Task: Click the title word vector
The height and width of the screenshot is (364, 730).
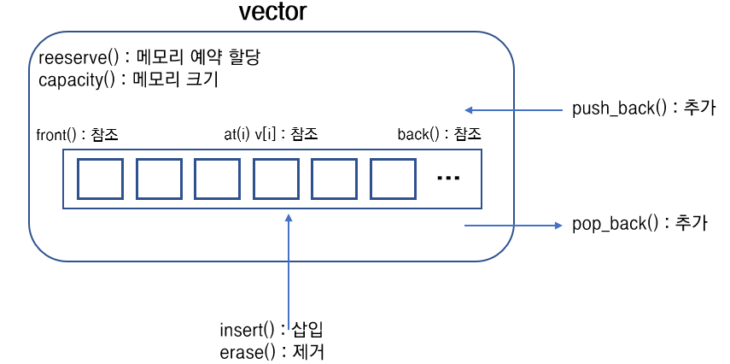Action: pyautogui.click(x=272, y=14)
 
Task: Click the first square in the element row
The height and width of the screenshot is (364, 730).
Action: pyautogui.click(x=101, y=179)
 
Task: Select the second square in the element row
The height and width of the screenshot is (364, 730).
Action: pyautogui.click(x=160, y=179)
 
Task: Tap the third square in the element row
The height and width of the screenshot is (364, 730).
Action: pyautogui.click(x=218, y=179)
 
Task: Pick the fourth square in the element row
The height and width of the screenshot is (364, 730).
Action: pyautogui.click(x=276, y=179)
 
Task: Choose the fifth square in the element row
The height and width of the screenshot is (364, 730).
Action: pyautogui.click(x=334, y=179)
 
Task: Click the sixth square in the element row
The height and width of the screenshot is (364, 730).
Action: pyautogui.click(x=392, y=179)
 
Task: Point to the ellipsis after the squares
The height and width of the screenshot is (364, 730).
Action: pyautogui.click(x=448, y=179)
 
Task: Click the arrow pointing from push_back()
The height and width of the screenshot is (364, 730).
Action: pyautogui.click(x=512, y=110)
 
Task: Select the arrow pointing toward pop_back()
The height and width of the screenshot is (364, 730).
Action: pyautogui.click(x=512, y=226)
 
